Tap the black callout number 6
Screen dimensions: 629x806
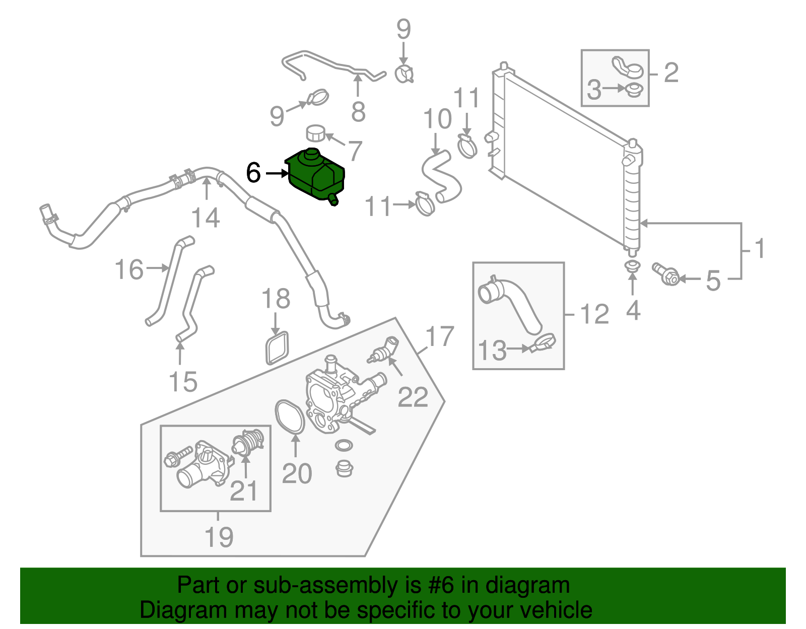click(x=253, y=173)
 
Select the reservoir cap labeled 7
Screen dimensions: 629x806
click(x=316, y=133)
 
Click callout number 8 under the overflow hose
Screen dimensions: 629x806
click(x=358, y=112)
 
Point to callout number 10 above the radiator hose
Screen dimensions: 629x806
click(x=437, y=119)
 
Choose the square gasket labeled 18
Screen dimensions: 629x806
click(x=277, y=347)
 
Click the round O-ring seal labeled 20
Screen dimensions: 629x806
click(x=290, y=416)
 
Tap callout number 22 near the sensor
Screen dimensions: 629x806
click(x=413, y=397)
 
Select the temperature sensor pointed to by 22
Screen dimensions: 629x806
click(x=384, y=350)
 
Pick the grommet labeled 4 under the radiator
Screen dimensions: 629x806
click(x=632, y=266)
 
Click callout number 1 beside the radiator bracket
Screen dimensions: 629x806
click(x=760, y=249)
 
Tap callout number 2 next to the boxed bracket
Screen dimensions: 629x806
click(x=671, y=73)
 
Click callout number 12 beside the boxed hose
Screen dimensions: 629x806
click(x=594, y=315)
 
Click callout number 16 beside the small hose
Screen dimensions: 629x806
click(x=129, y=269)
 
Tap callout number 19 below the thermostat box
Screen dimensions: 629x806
click(x=219, y=537)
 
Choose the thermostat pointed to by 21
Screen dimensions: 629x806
click(x=248, y=442)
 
